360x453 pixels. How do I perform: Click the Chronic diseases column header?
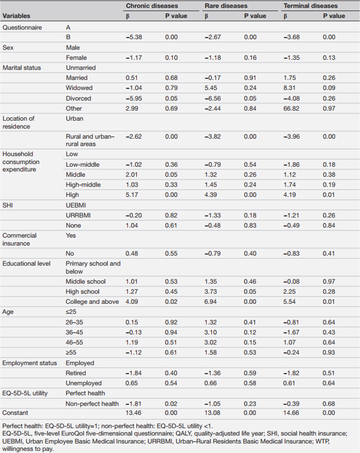[152, 6]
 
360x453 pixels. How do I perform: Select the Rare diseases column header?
[226, 6]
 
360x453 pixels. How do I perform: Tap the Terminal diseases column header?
[310, 6]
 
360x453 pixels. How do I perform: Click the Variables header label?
[16, 16]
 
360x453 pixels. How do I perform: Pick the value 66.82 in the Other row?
[291, 109]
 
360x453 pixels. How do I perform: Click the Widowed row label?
[79, 88]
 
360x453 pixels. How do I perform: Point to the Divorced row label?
[79, 98]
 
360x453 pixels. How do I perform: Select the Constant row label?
[15, 413]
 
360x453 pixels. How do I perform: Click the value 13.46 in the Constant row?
[133, 413]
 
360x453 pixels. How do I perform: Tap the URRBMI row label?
[78, 215]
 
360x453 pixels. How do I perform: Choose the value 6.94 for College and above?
[211, 301]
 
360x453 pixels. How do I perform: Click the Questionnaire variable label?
[22, 28]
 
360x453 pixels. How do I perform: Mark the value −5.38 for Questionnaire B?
[133, 37]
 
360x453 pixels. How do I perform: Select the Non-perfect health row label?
[92, 403]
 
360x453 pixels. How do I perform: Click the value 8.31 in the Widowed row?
[289, 88]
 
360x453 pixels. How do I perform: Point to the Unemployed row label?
[84, 383]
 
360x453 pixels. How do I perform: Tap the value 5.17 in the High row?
[132, 195]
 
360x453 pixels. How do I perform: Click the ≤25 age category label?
[71, 312]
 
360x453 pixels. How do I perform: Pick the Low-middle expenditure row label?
[82, 165]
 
